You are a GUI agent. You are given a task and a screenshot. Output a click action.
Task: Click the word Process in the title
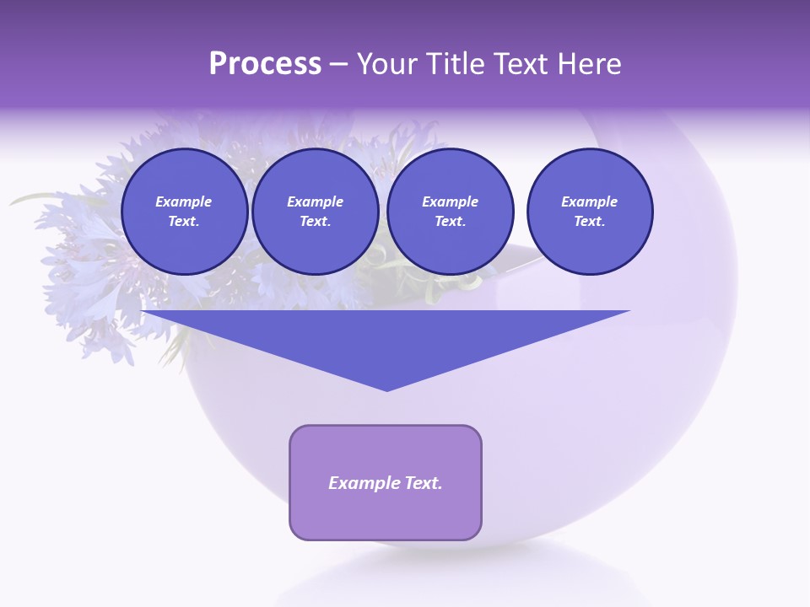[265, 64]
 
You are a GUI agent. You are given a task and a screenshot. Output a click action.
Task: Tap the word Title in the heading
[455, 64]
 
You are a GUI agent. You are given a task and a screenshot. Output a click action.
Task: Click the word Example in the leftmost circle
[184, 201]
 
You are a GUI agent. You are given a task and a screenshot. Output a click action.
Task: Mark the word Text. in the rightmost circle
[589, 221]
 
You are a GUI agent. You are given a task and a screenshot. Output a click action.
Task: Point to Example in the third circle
[450, 201]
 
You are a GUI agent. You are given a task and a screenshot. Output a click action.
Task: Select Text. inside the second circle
[315, 221]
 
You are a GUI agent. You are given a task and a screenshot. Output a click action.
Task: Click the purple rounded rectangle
[385, 514]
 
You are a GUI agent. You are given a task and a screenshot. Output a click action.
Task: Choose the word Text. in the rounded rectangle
[424, 483]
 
